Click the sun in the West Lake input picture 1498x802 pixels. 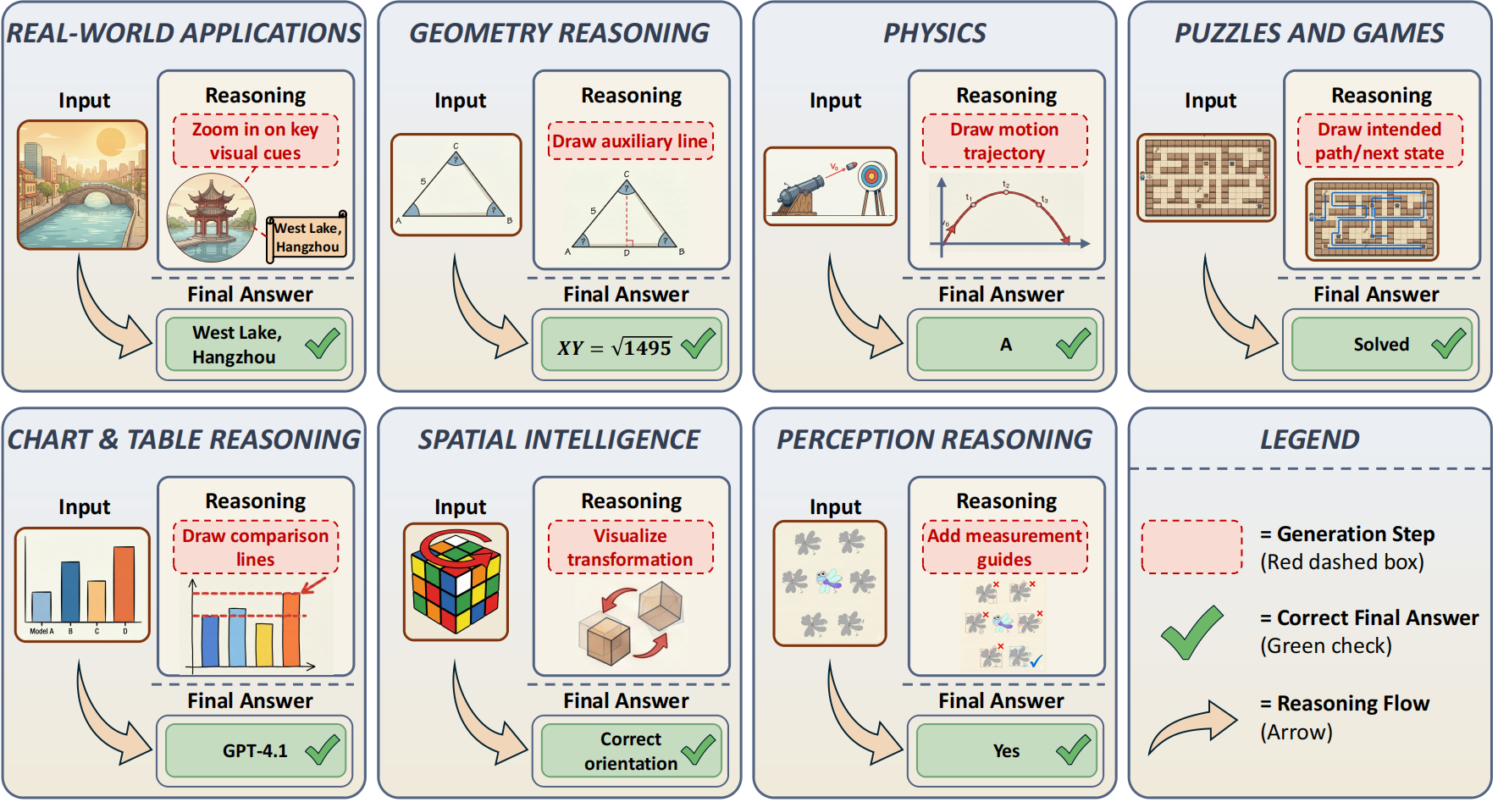pos(112,142)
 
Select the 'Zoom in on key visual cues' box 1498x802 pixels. pos(256,141)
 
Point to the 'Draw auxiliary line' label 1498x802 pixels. pos(630,141)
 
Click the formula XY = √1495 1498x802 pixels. pos(614,347)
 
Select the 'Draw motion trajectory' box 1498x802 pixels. pos(1004,141)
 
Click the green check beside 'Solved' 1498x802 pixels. pos(1448,343)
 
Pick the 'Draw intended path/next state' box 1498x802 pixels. pos(1379,141)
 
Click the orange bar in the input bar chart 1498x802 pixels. pos(124,584)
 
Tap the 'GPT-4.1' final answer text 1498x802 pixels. pos(255,751)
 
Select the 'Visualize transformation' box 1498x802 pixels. pos(630,548)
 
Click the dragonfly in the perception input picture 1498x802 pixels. pos(828,580)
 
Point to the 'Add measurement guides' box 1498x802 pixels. pos(1004,548)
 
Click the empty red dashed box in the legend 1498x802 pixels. pos(1191,547)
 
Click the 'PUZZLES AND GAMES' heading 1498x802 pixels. pos(1309,33)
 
